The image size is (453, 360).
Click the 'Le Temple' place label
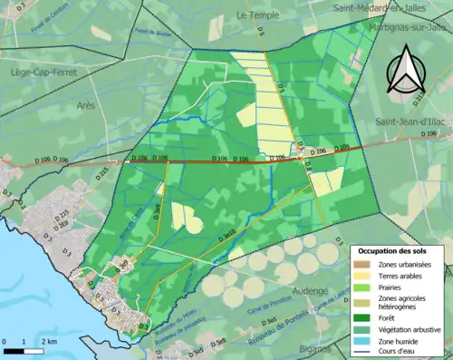pos(255,15)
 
